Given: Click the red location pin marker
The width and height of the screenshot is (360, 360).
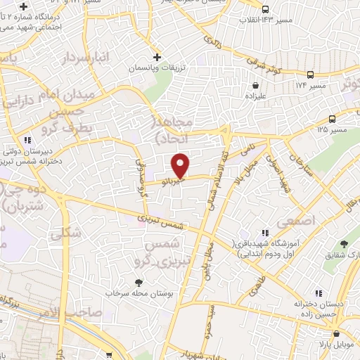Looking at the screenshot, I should (181, 165).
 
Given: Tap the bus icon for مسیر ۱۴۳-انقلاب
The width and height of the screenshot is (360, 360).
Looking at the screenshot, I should (265, 10).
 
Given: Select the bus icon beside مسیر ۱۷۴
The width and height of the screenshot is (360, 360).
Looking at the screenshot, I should (310, 74).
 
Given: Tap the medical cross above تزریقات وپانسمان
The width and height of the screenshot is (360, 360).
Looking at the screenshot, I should (157, 56).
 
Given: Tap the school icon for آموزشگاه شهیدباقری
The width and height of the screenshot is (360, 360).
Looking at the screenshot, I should (264, 232).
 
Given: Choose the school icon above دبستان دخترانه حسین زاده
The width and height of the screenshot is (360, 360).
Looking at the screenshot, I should (318, 292).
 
